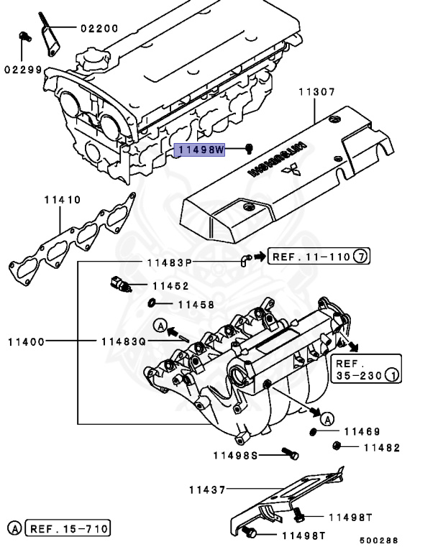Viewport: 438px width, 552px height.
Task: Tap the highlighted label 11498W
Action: click(201, 149)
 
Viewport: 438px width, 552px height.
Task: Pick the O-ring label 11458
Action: click(196, 305)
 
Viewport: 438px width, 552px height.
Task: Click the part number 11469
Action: click(361, 431)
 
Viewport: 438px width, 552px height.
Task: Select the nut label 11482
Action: click(380, 447)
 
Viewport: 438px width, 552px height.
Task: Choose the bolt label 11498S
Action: click(236, 454)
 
